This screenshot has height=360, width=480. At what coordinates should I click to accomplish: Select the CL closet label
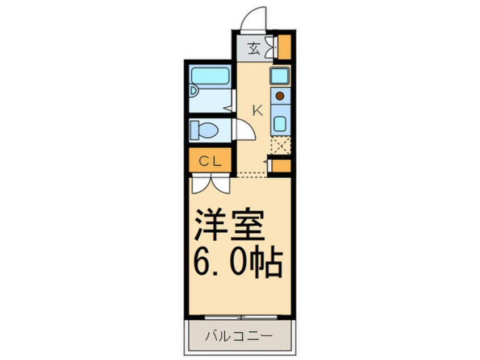(x=209, y=161)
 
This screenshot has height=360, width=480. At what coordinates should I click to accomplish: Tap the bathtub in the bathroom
(x=209, y=76)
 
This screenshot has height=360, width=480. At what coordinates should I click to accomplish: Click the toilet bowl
(x=206, y=130)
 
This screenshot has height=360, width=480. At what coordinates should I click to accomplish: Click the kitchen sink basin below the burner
(x=280, y=121)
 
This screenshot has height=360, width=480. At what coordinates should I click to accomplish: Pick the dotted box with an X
(x=280, y=145)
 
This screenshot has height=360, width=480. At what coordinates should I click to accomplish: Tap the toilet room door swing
(x=243, y=130)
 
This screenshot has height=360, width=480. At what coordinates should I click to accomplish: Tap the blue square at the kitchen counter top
(x=280, y=74)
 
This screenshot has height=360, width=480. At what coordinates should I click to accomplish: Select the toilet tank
(x=193, y=129)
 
